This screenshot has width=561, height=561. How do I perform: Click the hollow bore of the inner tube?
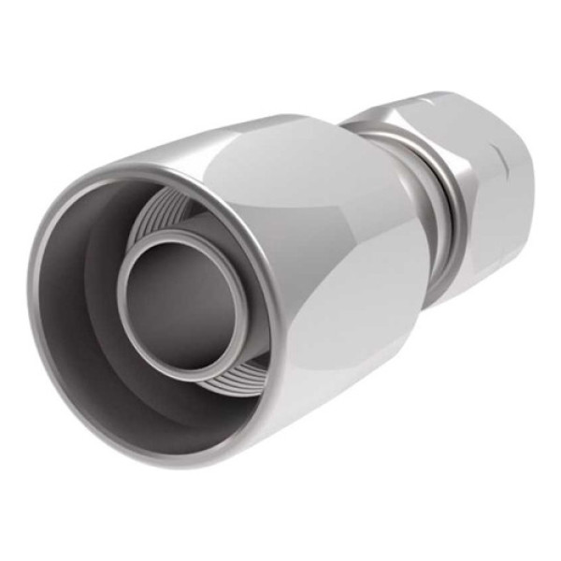click(178, 297)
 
